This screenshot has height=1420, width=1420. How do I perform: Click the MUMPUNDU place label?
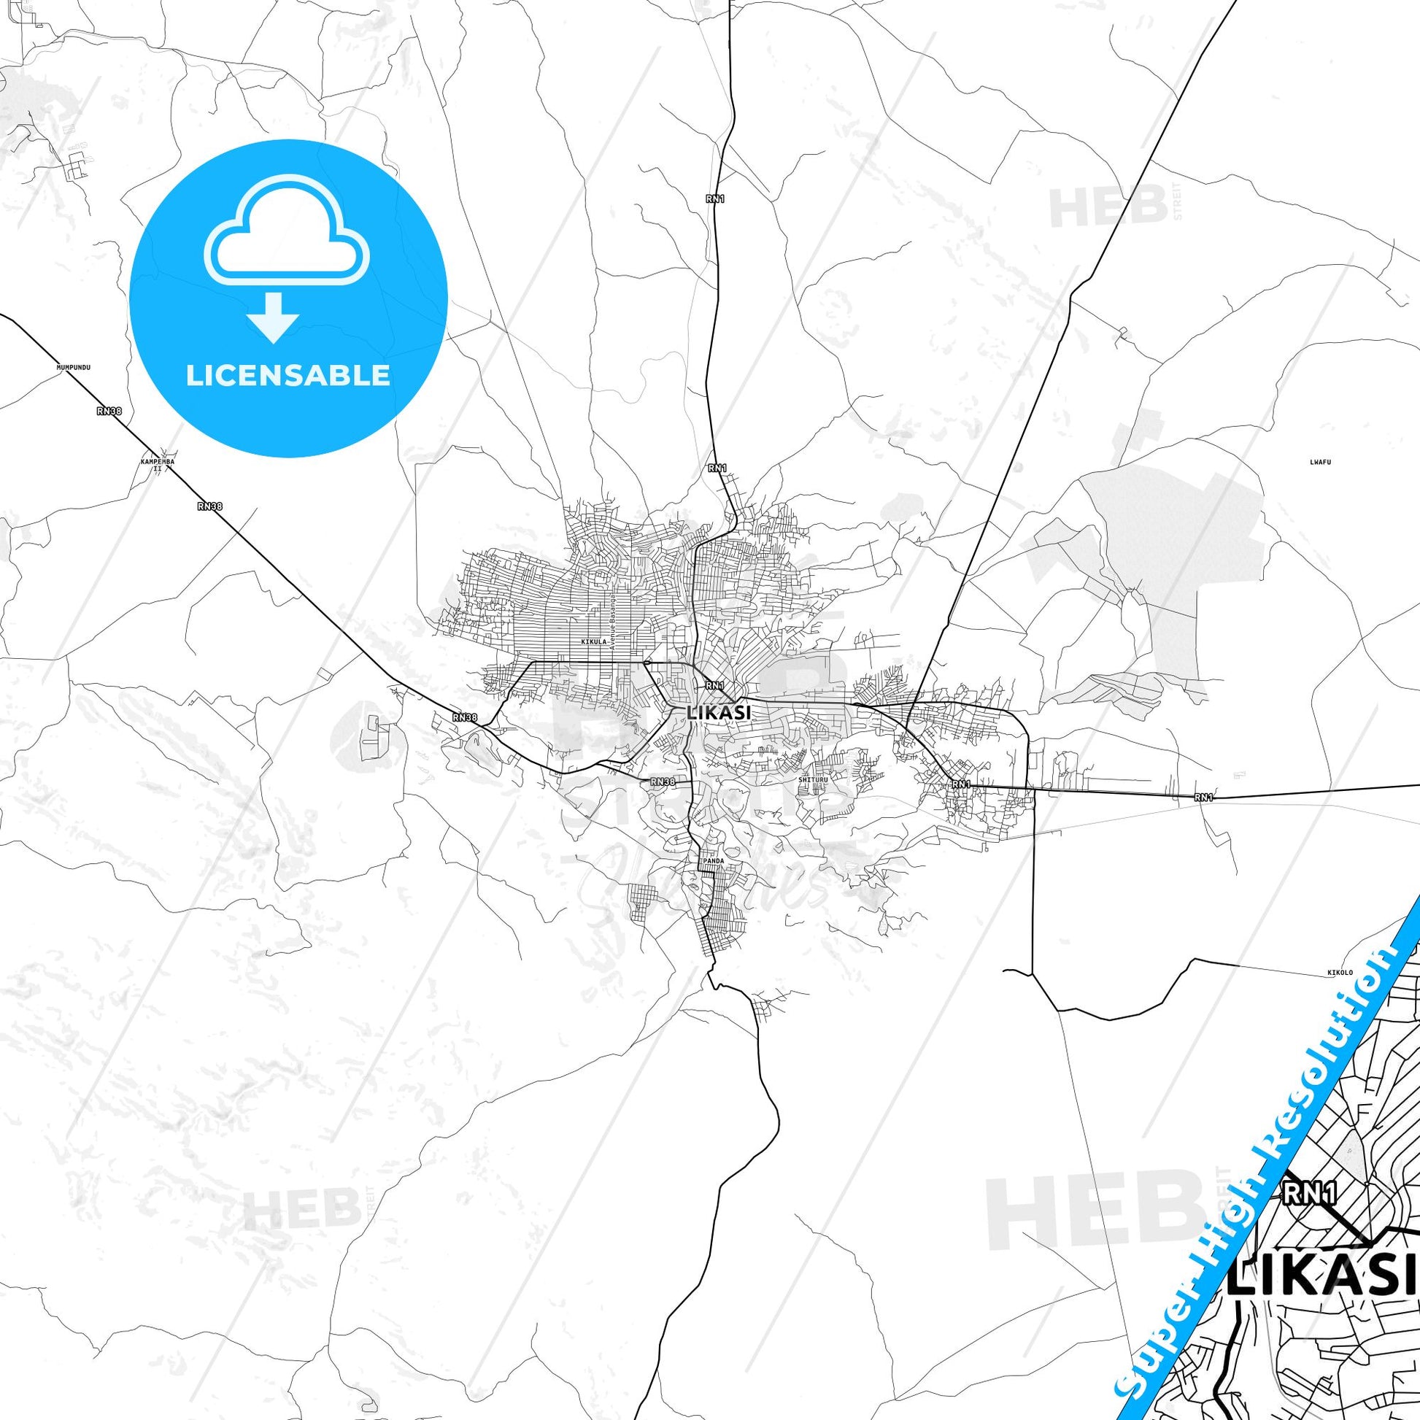[73, 366]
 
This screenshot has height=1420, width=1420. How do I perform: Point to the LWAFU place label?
[1321, 463]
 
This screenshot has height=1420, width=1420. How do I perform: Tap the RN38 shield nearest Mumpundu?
[109, 411]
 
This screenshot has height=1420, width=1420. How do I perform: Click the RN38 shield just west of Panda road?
[663, 782]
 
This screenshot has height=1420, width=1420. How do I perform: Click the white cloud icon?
[288, 230]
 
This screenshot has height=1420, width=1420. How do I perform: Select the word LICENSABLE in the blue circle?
[288, 376]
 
